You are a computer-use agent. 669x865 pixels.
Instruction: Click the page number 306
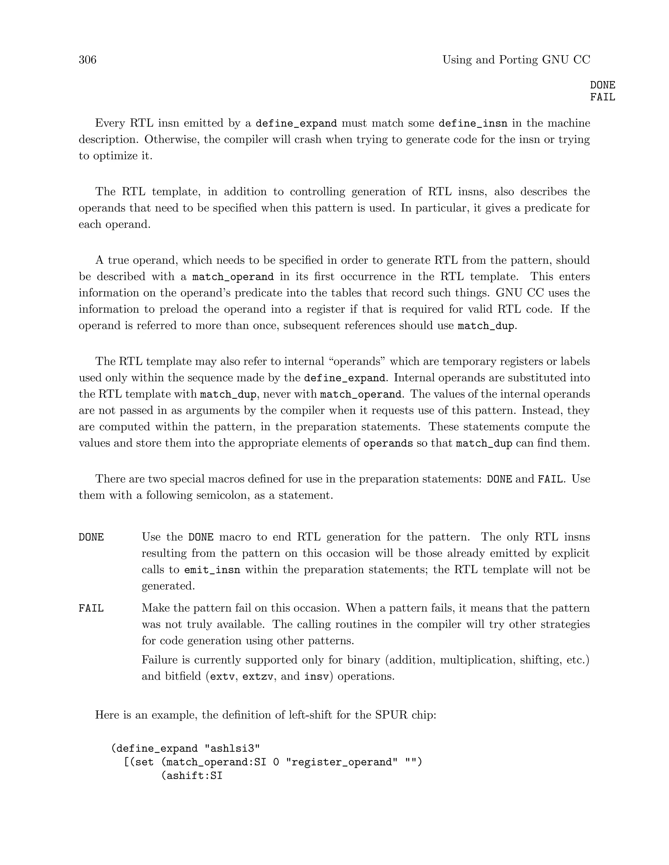click(x=88, y=60)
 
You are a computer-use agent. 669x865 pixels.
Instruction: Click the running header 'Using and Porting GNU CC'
click(x=516, y=60)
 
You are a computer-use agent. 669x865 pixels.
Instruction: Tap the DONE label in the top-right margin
click(x=602, y=85)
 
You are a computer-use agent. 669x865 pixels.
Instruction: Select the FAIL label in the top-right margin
click(x=602, y=97)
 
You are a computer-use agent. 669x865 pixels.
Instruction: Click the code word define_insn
click(x=472, y=124)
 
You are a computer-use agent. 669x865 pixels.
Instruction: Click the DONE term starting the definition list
click(x=91, y=538)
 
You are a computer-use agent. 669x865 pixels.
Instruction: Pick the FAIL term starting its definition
click(x=91, y=608)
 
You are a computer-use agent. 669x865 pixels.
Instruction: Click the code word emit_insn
click(x=212, y=570)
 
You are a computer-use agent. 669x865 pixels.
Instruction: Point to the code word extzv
click(x=258, y=676)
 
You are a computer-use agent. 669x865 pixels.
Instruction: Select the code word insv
click(x=316, y=676)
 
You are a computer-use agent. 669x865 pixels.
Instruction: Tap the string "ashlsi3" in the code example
click(x=232, y=748)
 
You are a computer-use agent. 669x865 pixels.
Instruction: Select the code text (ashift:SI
click(x=191, y=776)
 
